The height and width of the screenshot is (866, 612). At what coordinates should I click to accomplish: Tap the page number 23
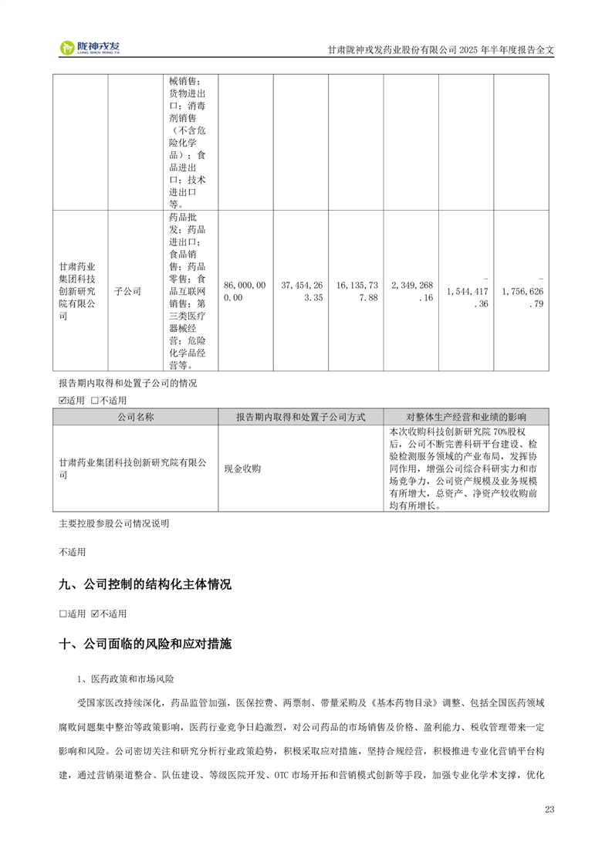coord(549,809)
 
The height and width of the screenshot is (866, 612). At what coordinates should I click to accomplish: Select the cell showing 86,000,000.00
coord(245,291)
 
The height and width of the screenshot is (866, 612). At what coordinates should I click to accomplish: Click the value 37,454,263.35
coord(301,291)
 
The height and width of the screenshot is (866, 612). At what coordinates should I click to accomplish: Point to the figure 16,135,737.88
coord(356,291)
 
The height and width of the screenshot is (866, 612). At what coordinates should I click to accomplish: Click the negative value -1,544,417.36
coord(466,291)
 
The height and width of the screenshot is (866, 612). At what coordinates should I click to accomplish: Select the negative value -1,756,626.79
coord(522,291)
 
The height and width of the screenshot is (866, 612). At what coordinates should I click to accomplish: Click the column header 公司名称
coord(135,417)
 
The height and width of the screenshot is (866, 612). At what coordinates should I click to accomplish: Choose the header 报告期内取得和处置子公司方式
coord(300,417)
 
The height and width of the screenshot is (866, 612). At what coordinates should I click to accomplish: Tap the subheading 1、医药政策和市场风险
coord(126,679)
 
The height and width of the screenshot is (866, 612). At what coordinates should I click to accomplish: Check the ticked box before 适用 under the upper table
coord(63,401)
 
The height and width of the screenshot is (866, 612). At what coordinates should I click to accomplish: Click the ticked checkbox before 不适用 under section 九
coord(95,614)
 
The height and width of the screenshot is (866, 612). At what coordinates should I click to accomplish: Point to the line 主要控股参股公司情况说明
coord(113,523)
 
